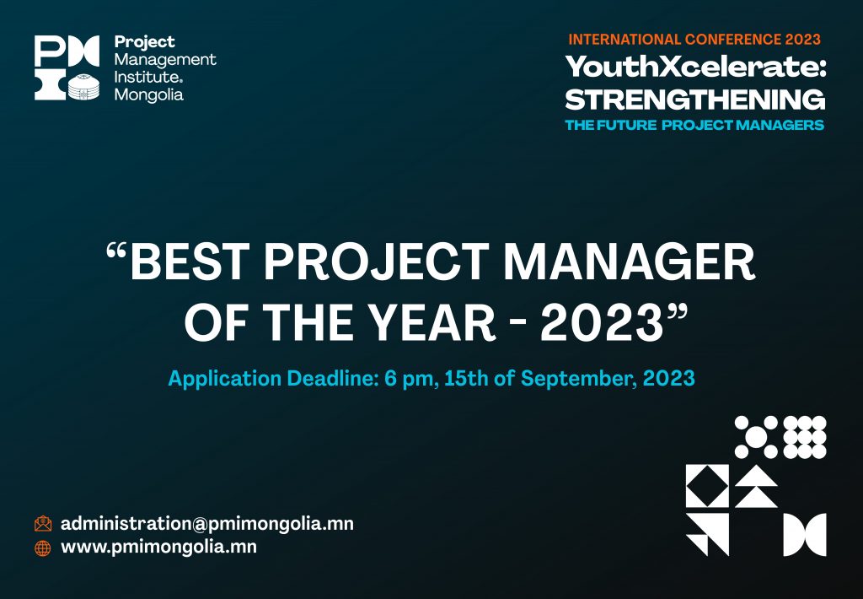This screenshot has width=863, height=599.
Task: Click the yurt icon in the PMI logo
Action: (x=84, y=87)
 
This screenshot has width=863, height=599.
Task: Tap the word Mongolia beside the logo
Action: (x=148, y=94)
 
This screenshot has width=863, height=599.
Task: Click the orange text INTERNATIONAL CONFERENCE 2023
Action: (x=694, y=40)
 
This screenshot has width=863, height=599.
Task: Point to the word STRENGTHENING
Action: (x=695, y=100)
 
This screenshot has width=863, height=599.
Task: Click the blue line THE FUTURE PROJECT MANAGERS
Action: (x=694, y=125)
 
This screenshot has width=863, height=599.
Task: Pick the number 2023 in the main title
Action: (x=602, y=322)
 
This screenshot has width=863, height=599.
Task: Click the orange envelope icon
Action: (x=43, y=524)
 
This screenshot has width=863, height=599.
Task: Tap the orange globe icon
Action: (x=43, y=548)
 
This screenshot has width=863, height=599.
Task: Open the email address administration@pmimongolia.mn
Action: (x=207, y=524)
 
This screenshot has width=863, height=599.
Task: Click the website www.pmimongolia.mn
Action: (x=158, y=548)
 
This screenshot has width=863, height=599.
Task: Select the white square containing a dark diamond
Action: (x=707, y=486)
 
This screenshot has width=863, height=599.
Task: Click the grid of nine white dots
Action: (x=805, y=438)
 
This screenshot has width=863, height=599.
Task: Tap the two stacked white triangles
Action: (x=756, y=486)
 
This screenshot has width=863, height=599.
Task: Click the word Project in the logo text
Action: (x=144, y=42)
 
